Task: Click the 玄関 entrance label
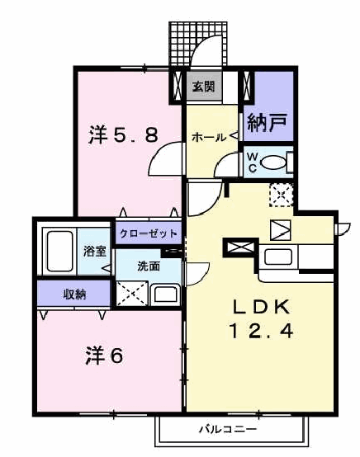pyautogui.click(x=204, y=87)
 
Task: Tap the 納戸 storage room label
pyautogui.click(x=267, y=123)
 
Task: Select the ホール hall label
pyautogui.click(x=209, y=137)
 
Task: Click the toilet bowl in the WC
pyautogui.click(x=272, y=163)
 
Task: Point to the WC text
pyautogui.click(x=253, y=163)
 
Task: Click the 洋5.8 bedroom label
pyautogui.click(x=123, y=135)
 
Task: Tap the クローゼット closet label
pyautogui.click(x=148, y=233)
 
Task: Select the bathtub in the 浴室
pyautogui.click(x=59, y=252)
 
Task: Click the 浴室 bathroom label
pyautogui.click(x=94, y=251)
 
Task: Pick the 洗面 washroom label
pyautogui.click(x=149, y=266)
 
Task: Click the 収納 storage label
pyautogui.click(x=74, y=294)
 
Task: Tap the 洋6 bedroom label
pyautogui.click(x=104, y=356)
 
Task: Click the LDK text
pyautogui.click(x=261, y=307)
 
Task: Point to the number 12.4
pyautogui.click(x=261, y=331)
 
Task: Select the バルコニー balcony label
pyautogui.click(x=228, y=429)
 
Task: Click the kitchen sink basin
pyautogui.click(x=278, y=257)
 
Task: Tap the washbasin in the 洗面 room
pyautogui.click(x=165, y=294)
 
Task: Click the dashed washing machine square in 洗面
pyautogui.click(x=132, y=294)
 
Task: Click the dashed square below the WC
pyautogui.click(x=281, y=196)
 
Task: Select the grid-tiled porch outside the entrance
pyautogui.click(x=198, y=43)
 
